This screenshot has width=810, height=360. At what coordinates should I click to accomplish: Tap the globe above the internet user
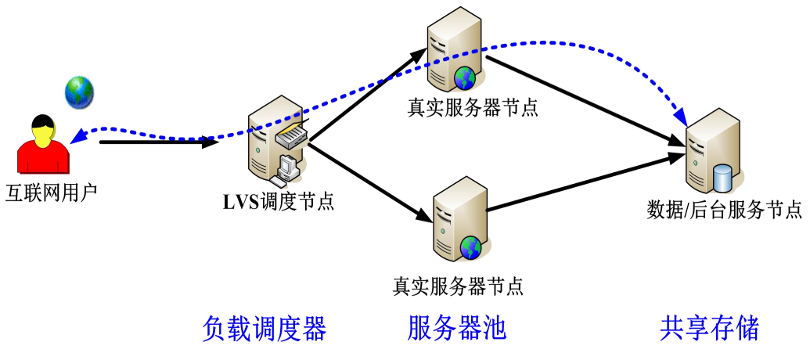click(79, 92)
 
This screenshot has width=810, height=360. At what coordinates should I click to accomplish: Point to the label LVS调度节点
click(278, 202)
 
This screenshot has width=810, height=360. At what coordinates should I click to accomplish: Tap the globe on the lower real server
click(470, 247)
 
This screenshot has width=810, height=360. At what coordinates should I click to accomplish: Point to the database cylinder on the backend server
click(723, 176)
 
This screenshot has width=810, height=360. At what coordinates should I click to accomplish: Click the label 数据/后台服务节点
click(725, 210)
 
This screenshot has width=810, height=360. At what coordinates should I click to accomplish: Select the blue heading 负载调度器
click(264, 328)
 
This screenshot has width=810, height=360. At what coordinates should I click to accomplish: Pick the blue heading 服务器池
click(457, 328)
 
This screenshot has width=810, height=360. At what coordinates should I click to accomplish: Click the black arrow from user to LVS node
click(157, 142)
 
